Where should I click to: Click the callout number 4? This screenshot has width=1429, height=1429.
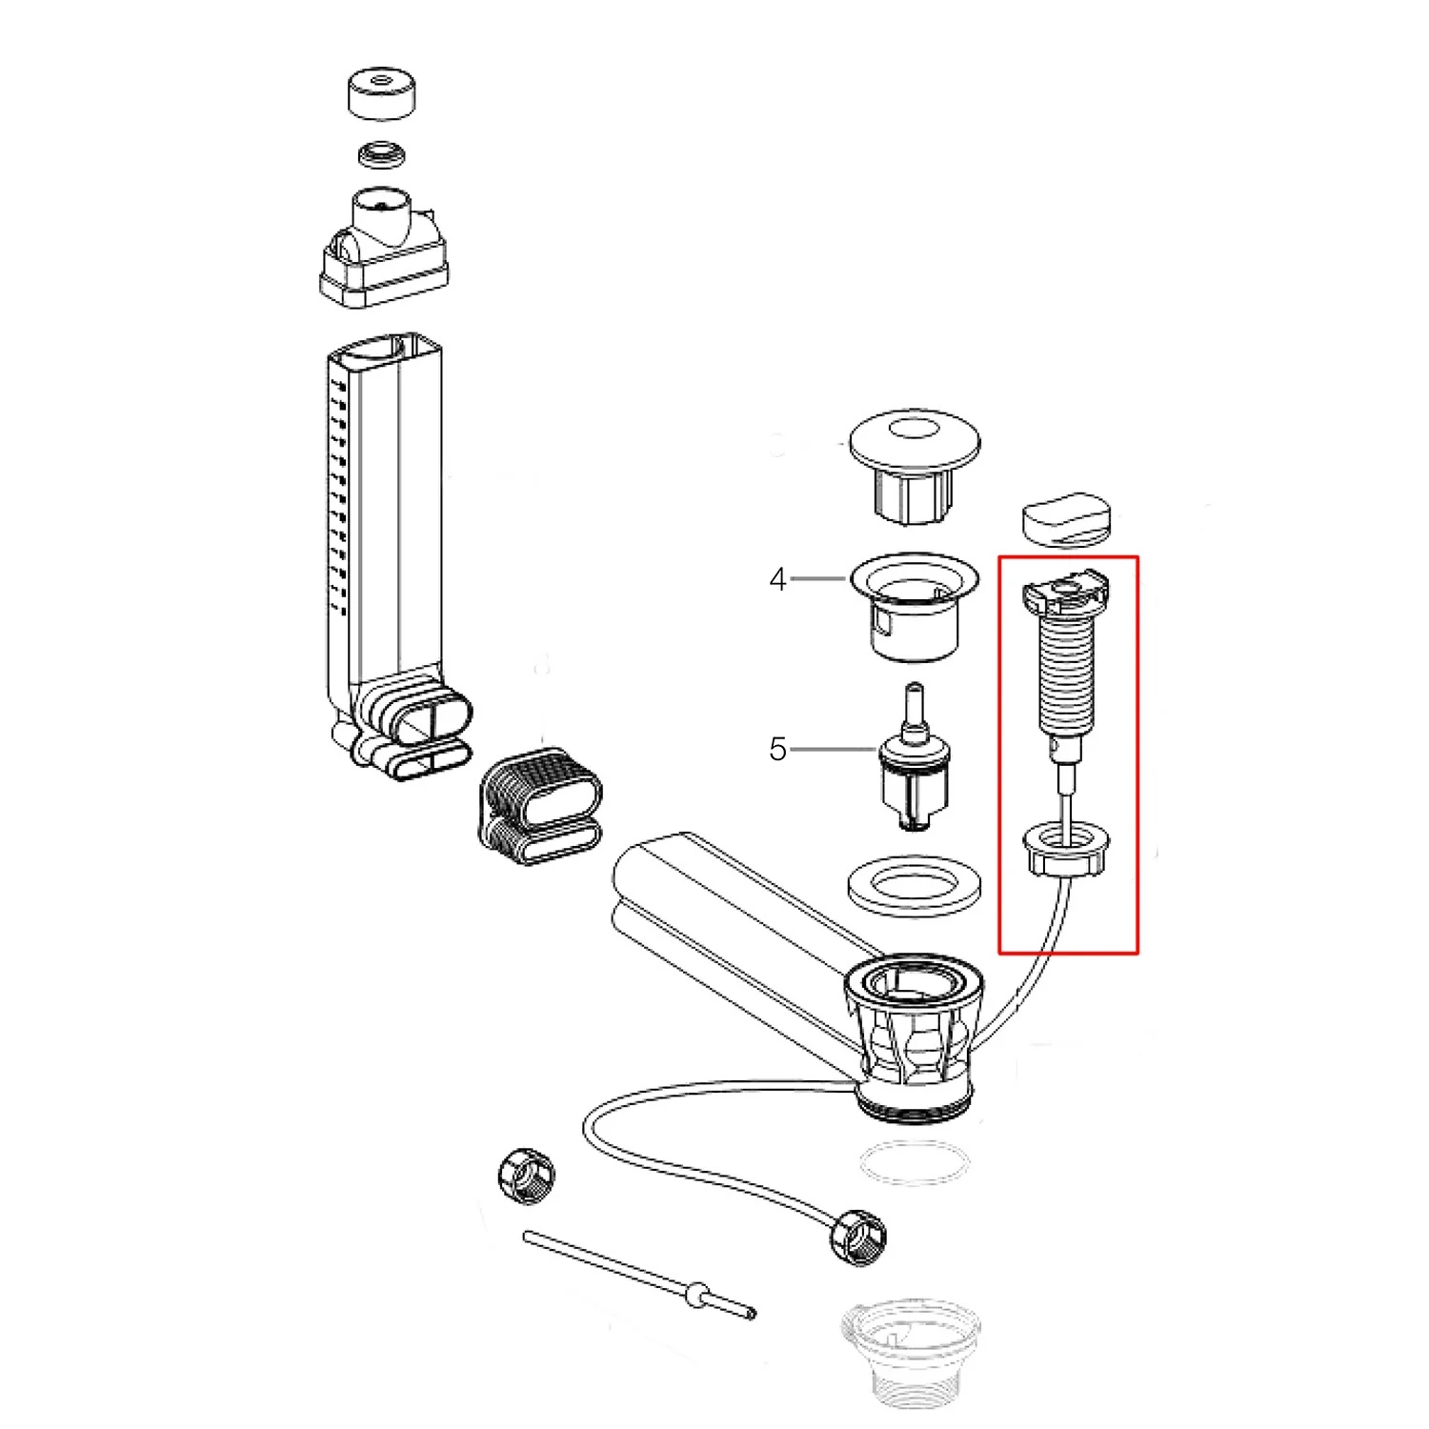[778, 579]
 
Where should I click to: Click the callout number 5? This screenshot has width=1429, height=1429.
[778, 749]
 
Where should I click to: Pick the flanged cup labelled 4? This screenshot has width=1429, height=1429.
[915, 605]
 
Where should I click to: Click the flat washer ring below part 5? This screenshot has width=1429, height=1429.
[915, 886]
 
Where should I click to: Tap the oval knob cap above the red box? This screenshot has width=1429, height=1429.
[1068, 518]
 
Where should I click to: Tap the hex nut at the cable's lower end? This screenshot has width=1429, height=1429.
[859, 1238]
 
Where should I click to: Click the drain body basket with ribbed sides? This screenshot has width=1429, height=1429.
[913, 1038]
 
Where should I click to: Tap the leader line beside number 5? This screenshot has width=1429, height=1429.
[834, 750]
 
